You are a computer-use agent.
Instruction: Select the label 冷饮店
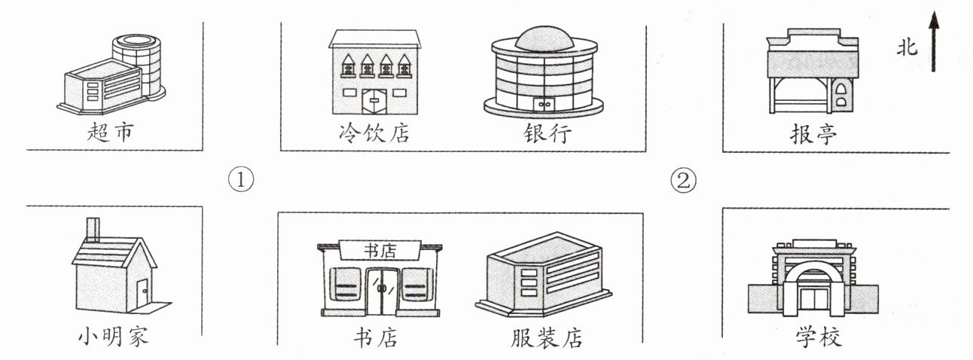[374, 134]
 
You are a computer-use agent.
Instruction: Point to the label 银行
[548, 134]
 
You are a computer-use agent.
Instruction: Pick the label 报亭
[813, 134]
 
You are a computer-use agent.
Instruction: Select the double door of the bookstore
[382, 288]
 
